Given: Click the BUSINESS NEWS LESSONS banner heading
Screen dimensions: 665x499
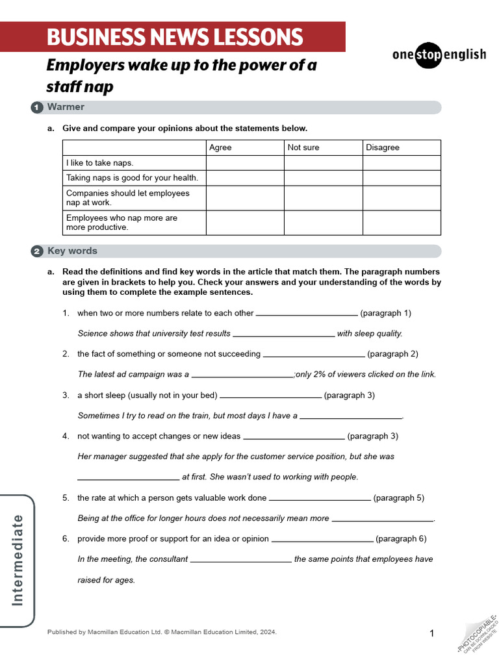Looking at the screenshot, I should point(175,37).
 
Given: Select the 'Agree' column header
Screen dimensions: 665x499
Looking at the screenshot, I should point(220,147).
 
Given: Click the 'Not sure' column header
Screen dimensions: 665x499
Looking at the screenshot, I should point(303,147).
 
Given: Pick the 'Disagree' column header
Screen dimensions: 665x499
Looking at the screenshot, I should point(383,147).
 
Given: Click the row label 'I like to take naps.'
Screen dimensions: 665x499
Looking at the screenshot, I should point(99,163).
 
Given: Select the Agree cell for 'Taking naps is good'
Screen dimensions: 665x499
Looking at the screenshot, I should point(245,178).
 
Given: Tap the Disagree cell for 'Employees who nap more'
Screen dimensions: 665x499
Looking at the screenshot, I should point(402,223).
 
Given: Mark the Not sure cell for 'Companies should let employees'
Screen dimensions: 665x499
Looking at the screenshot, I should point(323,198).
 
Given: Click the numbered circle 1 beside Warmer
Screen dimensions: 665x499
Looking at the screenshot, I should point(37,107).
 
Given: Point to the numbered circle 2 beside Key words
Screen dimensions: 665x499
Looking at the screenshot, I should point(37,251).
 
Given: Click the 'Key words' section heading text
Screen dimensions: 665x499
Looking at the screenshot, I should point(72,251).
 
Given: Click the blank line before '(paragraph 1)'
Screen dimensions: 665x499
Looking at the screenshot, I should point(307,314).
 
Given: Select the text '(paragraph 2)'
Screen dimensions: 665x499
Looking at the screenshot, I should point(392,354).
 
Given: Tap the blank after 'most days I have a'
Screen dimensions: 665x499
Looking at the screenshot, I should point(351,417).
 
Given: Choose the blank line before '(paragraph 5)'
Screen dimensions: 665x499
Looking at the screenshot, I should point(320,499).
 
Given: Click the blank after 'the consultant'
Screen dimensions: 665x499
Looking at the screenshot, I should point(240,560).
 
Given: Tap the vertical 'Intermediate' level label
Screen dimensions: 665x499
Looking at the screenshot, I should point(18,560).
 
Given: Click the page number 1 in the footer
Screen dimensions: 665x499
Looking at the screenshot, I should point(431,633).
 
